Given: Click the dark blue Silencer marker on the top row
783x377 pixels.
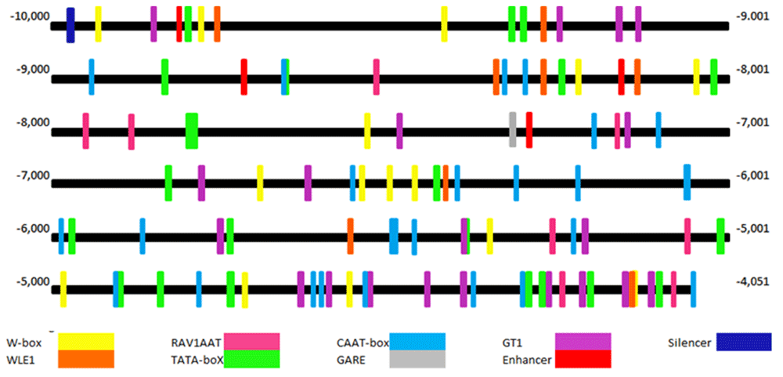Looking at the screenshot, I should (70, 25).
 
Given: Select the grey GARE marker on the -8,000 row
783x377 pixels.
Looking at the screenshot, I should (513, 129).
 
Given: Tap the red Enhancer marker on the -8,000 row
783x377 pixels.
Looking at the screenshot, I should (529, 129).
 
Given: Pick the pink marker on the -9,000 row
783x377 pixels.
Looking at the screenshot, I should (377, 76).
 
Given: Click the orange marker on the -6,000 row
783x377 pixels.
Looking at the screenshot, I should (350, 235).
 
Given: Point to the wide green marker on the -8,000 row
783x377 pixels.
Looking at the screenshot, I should (192, 130).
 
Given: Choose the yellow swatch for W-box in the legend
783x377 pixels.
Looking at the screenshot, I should (86, 342).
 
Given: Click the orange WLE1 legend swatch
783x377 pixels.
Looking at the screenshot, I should (86, 359).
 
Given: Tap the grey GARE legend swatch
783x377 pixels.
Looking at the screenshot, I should (417, 359).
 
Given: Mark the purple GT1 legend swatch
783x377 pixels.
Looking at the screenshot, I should (583, 342).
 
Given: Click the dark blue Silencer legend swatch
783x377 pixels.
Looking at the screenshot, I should (744, 342).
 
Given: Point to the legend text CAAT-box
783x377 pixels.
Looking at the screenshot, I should (363, 343).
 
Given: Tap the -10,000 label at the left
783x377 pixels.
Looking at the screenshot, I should (29, 16).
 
